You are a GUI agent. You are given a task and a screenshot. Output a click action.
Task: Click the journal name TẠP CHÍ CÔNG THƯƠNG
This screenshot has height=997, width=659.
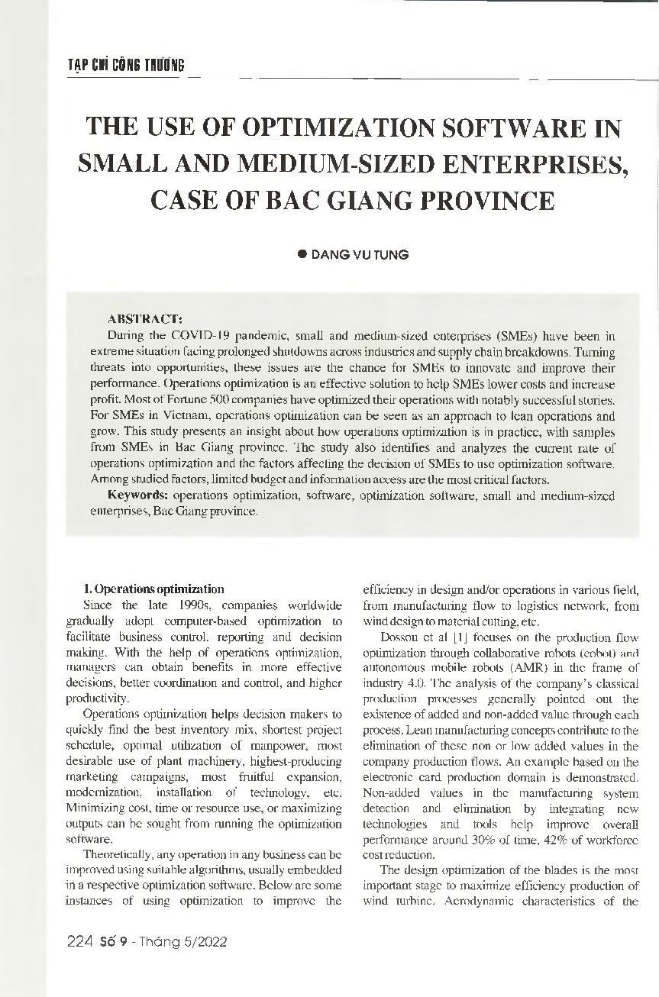126,65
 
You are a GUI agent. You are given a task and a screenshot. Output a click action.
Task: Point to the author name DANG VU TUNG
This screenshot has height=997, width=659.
359,255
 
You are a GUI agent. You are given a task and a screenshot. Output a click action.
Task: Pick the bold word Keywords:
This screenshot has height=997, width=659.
138,495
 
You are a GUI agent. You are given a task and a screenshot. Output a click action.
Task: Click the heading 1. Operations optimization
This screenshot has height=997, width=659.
153,589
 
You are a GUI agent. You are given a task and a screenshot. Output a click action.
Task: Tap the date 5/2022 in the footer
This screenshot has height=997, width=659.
205,941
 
